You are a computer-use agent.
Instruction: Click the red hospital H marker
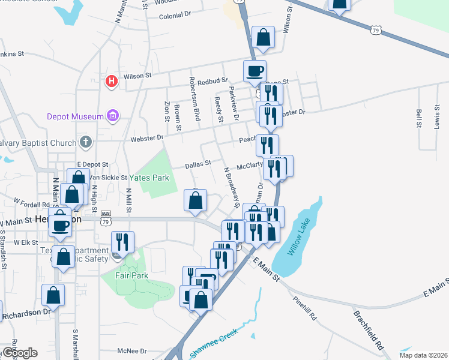click(111, 81)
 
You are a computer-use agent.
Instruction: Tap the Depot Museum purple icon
click(112, 115)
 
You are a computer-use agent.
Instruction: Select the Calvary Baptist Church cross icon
click(86, 143)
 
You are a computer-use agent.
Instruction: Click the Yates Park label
click(154, 178)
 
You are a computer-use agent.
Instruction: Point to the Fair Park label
click(131, 275)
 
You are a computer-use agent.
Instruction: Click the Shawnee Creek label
click(215, 343)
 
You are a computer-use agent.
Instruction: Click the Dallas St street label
click(197, 163)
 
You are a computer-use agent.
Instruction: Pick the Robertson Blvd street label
click(194, 99)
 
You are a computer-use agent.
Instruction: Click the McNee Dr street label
click(132, 351)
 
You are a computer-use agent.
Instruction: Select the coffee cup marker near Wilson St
click(255, 71)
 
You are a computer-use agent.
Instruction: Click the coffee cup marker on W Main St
click(60, 224)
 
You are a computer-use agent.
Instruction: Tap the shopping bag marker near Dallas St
click(196, 202)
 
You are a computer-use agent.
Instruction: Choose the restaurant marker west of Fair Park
click(122, 242)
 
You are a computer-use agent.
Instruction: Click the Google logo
click(19, 353)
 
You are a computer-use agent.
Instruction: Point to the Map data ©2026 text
click(424, 355)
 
